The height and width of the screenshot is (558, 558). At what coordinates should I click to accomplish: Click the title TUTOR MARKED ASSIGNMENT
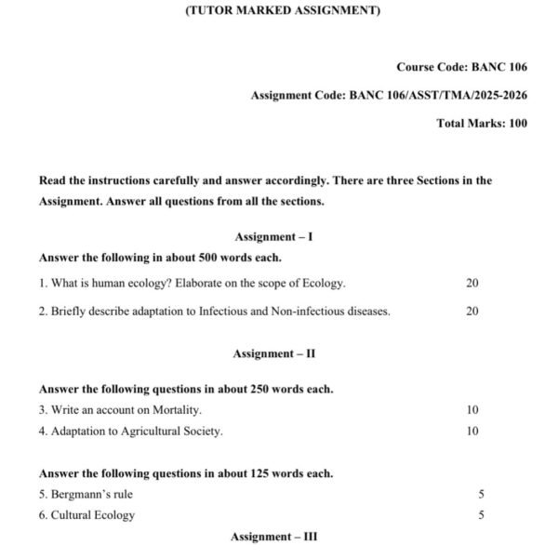tap(278, 11)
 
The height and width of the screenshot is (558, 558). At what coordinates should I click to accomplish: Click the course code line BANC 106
tap(461, 67)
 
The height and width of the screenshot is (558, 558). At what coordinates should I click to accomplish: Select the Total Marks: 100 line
tap(481, 123)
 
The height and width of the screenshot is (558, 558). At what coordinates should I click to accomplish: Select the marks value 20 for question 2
tap(472, 312)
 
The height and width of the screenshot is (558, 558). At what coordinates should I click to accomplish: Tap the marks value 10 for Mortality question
tap(472, 410)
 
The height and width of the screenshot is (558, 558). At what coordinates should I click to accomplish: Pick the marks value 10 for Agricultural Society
tap(472, 432)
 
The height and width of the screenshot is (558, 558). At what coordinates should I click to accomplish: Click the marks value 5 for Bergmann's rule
tap(481, 495)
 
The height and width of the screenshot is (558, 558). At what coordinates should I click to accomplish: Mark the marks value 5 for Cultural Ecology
tap(481, 515)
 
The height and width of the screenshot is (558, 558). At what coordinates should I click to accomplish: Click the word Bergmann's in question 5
tap(81, 495)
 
